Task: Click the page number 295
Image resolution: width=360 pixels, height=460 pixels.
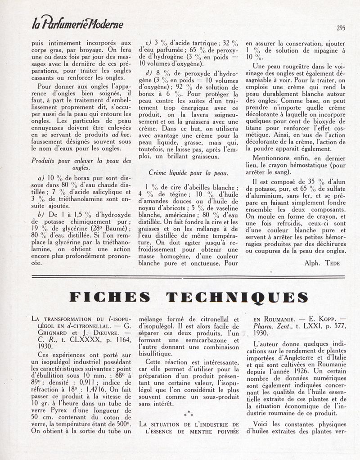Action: coord(341,27)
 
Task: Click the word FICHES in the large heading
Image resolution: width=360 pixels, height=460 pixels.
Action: coord(110,297)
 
